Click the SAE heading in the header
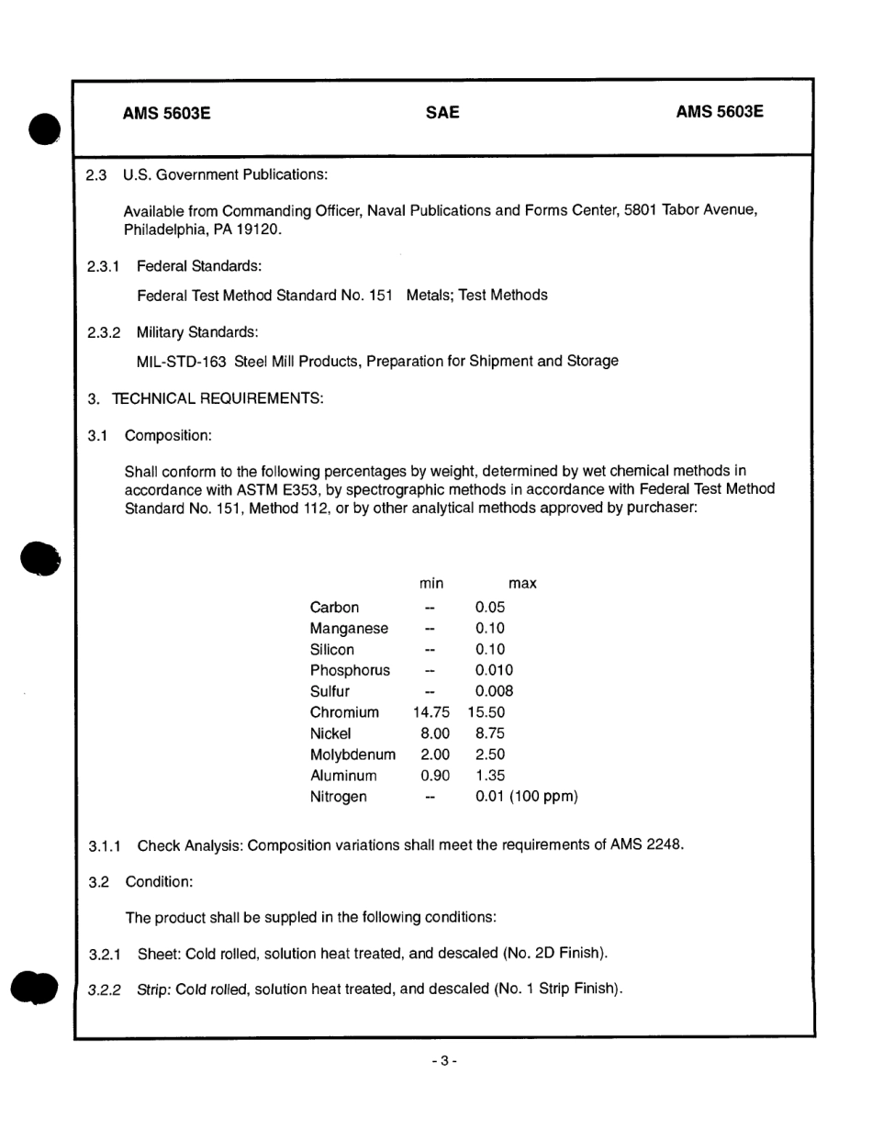point(442,113)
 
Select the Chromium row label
point(344,712)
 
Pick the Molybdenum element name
point(352,755)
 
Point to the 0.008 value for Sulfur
point(494,691)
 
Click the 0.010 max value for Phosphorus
point(494,670)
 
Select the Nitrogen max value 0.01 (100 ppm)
point(526,797)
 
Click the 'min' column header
point(431,584)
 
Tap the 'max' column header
point(522,584)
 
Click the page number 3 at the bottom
point(443,1061)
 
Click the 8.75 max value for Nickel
point(490,733)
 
